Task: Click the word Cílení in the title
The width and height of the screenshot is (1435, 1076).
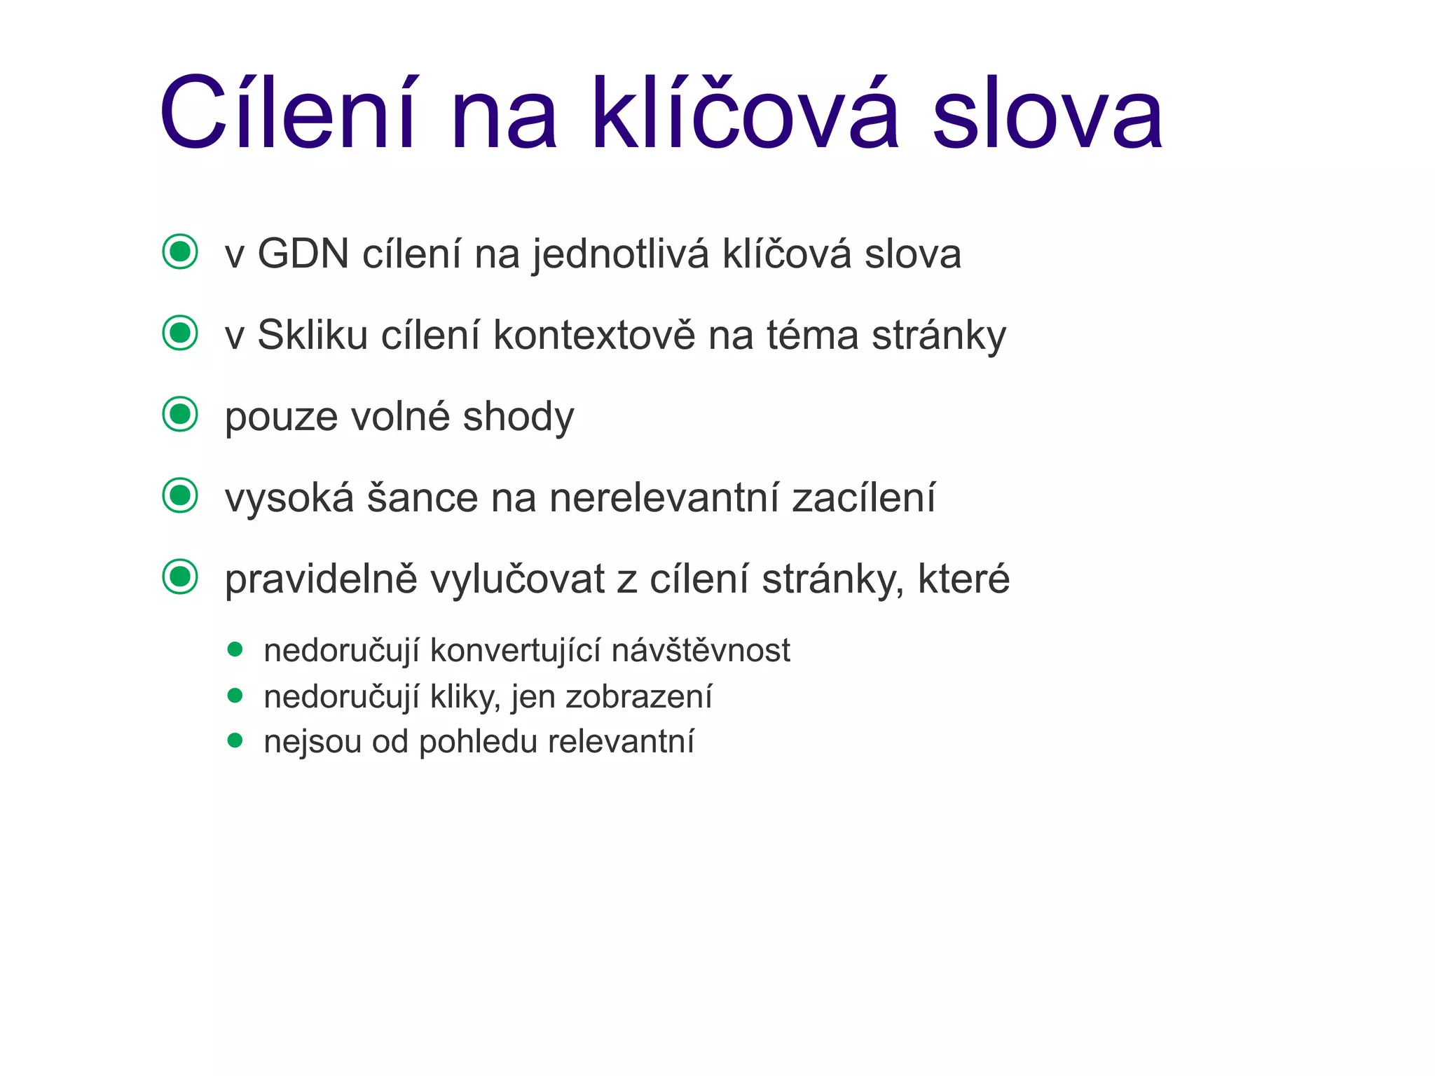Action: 287,113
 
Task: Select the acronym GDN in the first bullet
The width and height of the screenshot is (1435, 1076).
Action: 303,254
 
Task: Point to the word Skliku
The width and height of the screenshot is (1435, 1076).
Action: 313,335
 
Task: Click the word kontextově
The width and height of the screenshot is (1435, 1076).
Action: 594,335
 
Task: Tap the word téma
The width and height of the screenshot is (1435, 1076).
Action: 812,335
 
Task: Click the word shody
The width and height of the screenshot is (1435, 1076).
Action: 519,416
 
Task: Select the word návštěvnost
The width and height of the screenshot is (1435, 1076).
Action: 701,651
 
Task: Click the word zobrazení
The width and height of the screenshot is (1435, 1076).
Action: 638,697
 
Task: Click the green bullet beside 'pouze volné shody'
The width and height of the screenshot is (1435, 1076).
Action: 180,414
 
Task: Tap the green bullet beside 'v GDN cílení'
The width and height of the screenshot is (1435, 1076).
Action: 180,251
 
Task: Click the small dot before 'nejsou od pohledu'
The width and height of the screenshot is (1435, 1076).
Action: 235,740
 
